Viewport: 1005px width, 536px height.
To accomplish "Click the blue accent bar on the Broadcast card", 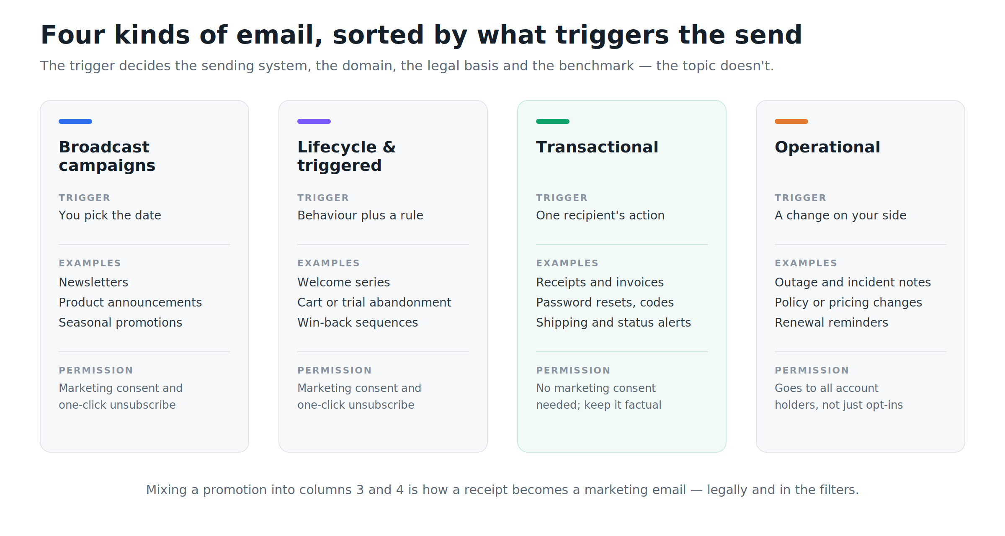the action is [x=75, y=121].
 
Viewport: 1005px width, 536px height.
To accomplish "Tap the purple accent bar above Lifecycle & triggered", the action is [x=314, y=121].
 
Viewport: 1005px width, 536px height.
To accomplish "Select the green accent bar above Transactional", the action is [x=553, y=121].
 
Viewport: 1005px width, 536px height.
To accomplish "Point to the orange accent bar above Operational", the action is [x=791, y=121].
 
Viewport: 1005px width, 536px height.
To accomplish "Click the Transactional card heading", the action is [x=597, y=147].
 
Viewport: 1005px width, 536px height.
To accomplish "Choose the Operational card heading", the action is [x=827, y=147].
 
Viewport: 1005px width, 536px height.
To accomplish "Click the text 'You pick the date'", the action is [x=110, y=215].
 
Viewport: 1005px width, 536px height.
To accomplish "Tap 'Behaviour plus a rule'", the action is [x=360, y=215].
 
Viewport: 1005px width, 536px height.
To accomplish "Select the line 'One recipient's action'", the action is [x=600, y=215].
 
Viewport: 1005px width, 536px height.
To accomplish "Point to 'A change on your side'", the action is [x=840, y=215].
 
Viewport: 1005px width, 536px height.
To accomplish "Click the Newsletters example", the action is [x=93, y=282].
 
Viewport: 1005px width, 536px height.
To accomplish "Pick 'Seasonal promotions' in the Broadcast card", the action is [x=121, y=322].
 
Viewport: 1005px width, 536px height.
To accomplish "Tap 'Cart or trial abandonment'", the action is [x=374, y=302].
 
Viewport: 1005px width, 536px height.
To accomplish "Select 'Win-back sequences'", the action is [x=358, y=322].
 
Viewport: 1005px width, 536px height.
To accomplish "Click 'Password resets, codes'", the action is [x=605, y=302].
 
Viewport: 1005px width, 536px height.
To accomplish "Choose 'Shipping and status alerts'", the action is [x=613, y=322].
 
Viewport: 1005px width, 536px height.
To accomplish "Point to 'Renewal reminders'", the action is [x=831, y=322].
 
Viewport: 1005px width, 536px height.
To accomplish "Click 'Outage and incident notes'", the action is [x=853, y=282].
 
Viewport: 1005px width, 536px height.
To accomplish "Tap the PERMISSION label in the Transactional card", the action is [x=573, y=370].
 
